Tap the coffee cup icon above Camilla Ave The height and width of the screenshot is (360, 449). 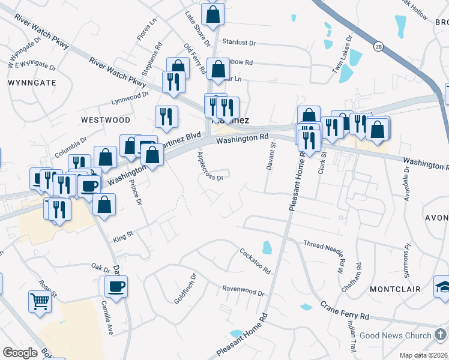pos(116,286)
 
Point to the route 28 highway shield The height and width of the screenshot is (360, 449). pos(378,46)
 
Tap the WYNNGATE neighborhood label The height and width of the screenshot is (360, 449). pos(32,82)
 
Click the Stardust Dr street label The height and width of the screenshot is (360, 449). pos(239,43)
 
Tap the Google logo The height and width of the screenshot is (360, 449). pos(20,352)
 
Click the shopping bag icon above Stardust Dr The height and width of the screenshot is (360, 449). pos(213,14)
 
